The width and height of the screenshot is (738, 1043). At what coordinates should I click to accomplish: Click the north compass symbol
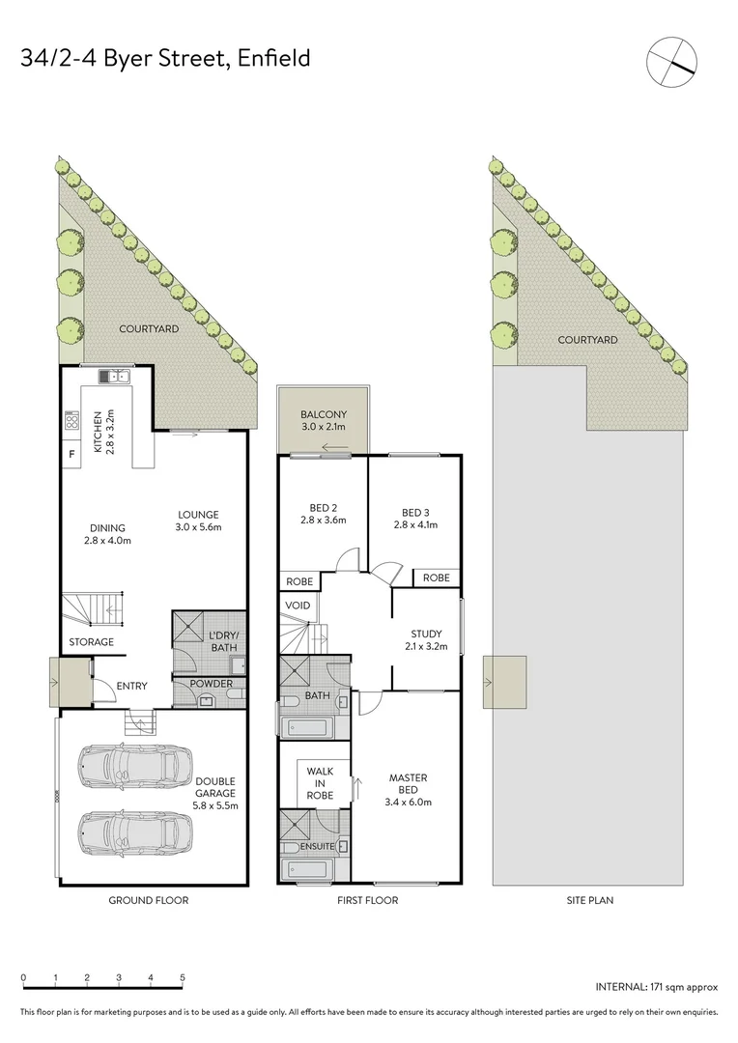(672, 60)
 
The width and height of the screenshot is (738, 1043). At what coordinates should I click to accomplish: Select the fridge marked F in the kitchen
(71, 453)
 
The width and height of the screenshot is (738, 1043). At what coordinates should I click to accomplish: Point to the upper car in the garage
(128, 768)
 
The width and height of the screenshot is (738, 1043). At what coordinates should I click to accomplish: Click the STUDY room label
(426, 634)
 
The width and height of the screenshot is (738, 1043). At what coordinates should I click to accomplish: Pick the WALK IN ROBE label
(320, 783)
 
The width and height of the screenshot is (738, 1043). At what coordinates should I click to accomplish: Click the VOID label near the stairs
(296, 606)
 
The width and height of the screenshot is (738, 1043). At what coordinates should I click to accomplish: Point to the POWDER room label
(212, 684)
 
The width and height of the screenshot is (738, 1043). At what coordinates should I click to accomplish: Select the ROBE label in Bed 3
(437, 578)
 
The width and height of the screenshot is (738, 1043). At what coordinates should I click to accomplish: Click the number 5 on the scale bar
(183, 978)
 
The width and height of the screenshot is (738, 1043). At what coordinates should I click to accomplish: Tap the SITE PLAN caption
(589, 900)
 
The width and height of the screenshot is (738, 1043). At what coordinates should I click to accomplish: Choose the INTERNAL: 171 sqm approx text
(656, 987)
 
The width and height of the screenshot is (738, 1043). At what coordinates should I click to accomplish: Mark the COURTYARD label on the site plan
(587, 340)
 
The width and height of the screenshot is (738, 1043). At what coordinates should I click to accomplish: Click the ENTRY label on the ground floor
(131, 687)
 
